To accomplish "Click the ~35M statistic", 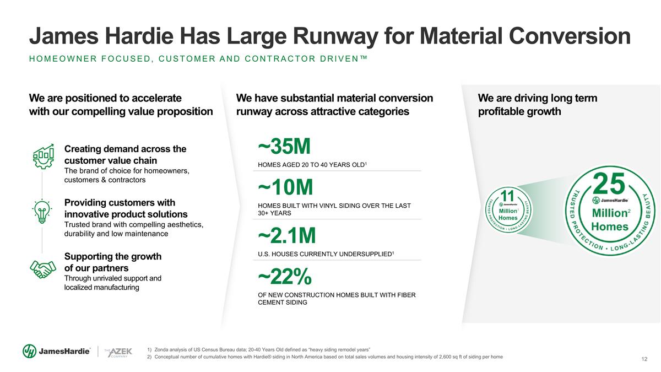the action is (284, 146).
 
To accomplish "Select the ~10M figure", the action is (285, 187).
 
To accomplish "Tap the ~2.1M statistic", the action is (287, 235).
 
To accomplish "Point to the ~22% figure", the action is (285, 277).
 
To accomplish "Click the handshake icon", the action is (43, 269).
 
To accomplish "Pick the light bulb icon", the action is (42, 212).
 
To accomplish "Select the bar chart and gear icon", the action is (44, 156).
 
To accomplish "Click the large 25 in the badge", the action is (609, 184).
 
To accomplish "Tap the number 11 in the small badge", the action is (507, 196).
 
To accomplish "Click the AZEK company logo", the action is (118, 352).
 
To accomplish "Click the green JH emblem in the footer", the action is (30, 351).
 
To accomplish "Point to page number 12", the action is (644, 359).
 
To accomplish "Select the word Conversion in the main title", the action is (570, 36).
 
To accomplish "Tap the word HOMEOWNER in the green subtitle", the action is (63, 59).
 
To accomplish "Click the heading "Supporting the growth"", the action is (113, 256).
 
